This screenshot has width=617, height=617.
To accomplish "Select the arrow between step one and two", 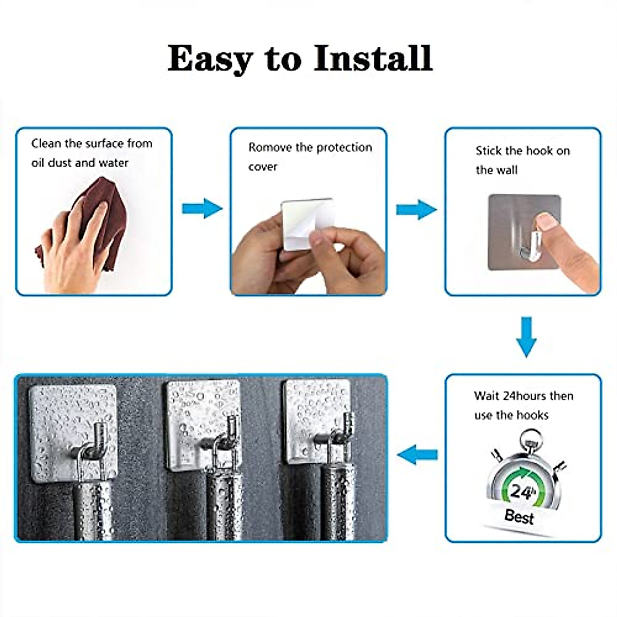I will tap(202, 208).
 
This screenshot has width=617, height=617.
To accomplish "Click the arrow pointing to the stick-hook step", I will tap(416, 210).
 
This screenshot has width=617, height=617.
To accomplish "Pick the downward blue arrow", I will tap(525, 337).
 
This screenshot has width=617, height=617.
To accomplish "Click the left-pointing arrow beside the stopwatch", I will tap(418, 455).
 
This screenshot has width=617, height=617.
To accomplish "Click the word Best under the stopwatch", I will tap(519, 516).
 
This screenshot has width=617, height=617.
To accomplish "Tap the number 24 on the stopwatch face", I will tap(520, 492).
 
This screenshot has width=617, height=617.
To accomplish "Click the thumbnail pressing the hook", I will tap(547, 222).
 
